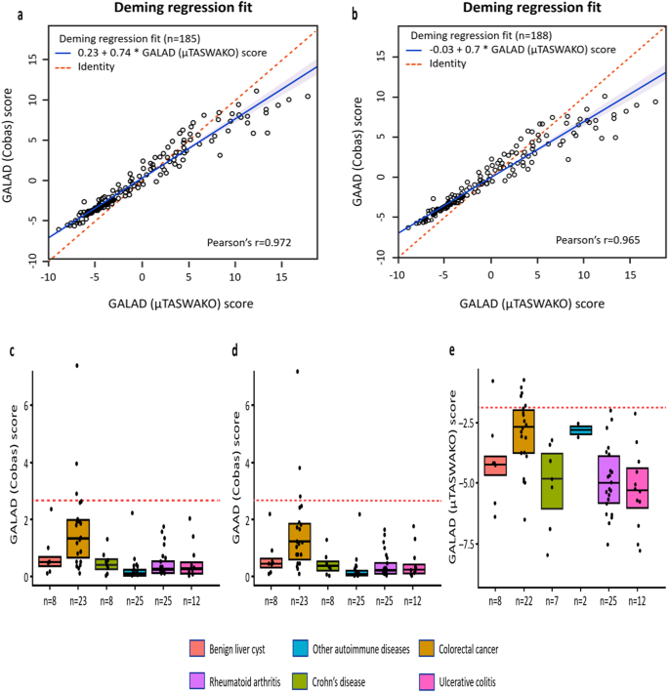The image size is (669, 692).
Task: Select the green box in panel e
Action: [553, 481]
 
